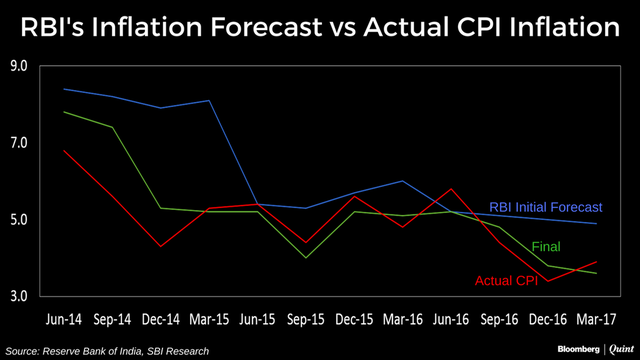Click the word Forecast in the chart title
coord(266,27)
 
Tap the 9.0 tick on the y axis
coord(19,66)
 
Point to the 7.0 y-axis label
coord(19,142)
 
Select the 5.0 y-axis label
coord(19,220)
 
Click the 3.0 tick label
coord(19,296)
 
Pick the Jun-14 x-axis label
coord(64,319)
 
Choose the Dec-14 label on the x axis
coord(160,319)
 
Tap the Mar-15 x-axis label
coord(209,319)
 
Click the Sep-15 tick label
coord(306,319)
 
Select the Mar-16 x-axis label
coord(402,319)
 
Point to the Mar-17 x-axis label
coord(596,319)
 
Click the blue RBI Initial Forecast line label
coord(546,207)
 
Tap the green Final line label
coord(546,247)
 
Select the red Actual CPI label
coord(506,281)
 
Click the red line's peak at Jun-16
coord(451,189)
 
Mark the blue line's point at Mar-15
coord(209,100)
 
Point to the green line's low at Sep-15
coord(306,258)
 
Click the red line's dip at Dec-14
coord(160,247)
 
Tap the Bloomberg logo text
coord(578,349)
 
